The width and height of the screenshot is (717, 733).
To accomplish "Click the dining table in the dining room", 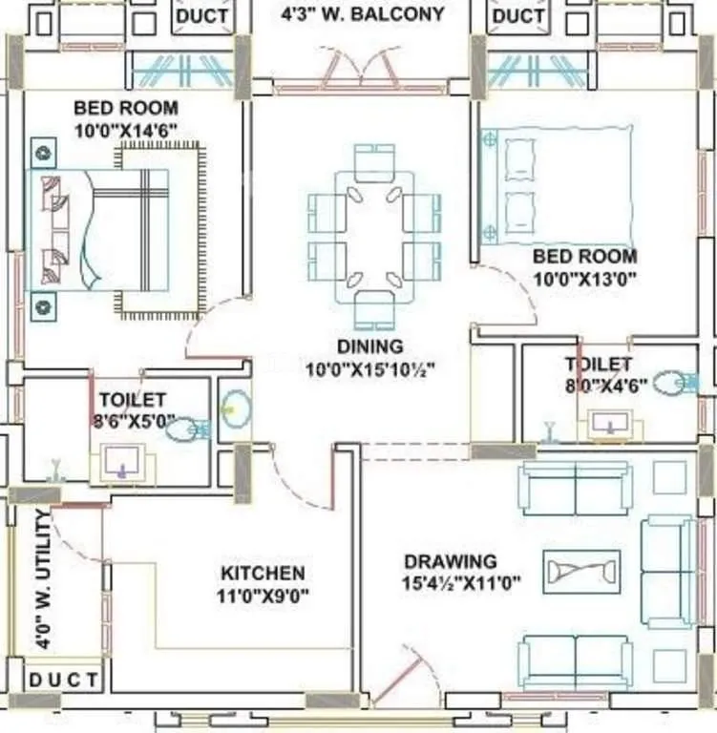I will pyautogui.click(x=374, y=235).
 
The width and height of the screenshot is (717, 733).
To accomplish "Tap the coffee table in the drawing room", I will pyautogui.click(x=581, y=572).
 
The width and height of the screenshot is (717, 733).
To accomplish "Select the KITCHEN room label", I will pyautogui.click(x=264, y=574).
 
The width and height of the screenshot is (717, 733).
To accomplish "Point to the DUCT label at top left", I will pyautogui.click(x=203, y=15).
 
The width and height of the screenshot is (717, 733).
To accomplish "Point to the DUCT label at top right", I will pyautogui.click(x=518, y=15).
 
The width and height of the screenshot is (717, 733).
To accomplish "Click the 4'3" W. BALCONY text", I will pyautogui.click(x=362, y=14).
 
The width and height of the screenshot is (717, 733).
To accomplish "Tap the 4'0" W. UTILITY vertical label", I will pyautogui.click(x=43, y=579).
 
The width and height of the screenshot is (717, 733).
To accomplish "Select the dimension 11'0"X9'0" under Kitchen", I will pyautogui.click(x=264, y=597).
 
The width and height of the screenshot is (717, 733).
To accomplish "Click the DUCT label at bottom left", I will pyautogui.click(x=62, y=681).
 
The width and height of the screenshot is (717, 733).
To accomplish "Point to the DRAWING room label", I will pyautogui.click(x=450, y=561).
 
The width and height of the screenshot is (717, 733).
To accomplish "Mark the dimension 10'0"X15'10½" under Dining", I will pyautogui.click(x=371, y=368).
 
